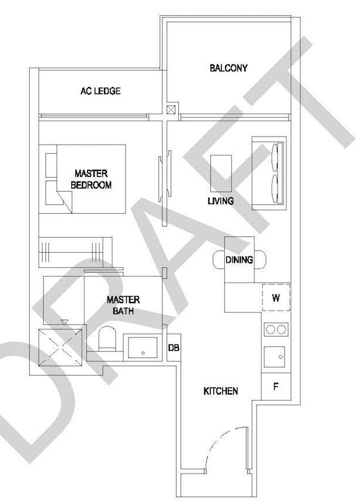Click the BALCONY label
click(x=229, y=68)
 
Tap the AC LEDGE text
click(x=101, y=91)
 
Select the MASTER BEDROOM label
click(x=91, y=179)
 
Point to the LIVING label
click(x=220, y=201)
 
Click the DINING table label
click(x=239, y=260)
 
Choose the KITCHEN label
click(x=221, y=391)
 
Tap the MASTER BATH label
click(x=123, y=305)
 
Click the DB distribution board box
click(x=174, y=347)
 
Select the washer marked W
click(x=276, y=298)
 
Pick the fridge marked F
click(x=276, y=387)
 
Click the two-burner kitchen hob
click(x=276, y=329)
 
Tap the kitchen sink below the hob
click(x=275, y=357)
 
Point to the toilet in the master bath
click(x=107, y=339)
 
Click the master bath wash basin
click(x=143, y=347)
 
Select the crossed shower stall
click(x=60, y=347)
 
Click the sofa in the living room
click(x=269, y=173)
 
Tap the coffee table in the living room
click(x=221, y=173)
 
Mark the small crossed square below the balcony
click(x=171, y=109)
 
